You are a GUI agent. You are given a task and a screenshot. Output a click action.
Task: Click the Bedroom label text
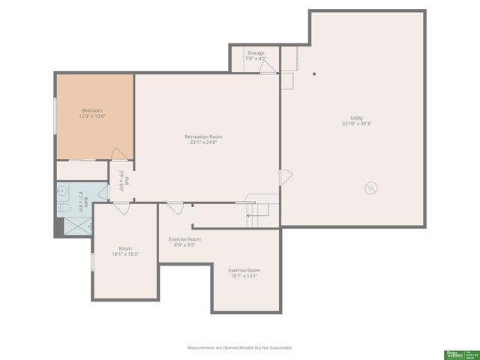pyautogui.click(x=91, y=110)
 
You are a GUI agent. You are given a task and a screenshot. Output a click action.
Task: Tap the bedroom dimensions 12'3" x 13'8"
pyautogui.click(x=91, y=116)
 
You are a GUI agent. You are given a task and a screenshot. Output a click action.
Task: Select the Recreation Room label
pyautogui.click(x=203, y=136)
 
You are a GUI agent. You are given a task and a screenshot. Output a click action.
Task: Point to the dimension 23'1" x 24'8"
pyautogui.click(x=203, y=142)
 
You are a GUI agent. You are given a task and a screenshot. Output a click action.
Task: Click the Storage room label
pyautogui.click(x=256, y=53)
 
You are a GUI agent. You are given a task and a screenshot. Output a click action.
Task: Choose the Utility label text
pyautogui.click(x=356, y=118)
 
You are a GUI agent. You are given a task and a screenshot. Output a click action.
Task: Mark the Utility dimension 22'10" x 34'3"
pyautogui.click(x=356, y=124)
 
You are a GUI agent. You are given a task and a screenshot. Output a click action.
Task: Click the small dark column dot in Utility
pyautogui.click(x=314, y=73)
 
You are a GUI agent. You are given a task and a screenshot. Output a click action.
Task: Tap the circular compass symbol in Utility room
pyautogui.click(x=370, y=187)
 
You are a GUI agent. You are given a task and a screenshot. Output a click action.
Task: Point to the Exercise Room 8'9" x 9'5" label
pyautogui.click(x=184, y=241)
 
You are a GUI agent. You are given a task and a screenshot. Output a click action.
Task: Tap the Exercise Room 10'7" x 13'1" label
pyautogui.click(x=244, y=273)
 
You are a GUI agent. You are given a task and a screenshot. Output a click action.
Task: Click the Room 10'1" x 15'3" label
pyautogui.click(x=124, y=251)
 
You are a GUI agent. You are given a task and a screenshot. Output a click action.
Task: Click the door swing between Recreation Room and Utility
pyautogui.click(x=286, y=178)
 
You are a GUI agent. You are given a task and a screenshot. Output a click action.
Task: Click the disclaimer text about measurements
pyautogui.click(x=239, y=348)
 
